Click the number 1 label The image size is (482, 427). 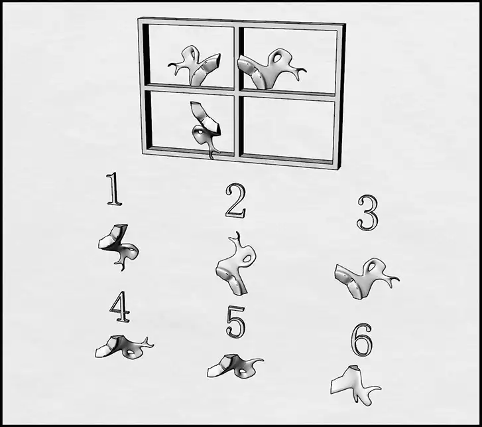114,189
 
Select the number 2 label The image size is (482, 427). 236,201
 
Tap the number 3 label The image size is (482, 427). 368,213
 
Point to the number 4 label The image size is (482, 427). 120,307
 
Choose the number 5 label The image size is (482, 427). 236,323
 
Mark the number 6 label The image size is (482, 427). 362,340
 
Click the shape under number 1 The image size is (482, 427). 118,246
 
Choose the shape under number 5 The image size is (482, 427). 233,367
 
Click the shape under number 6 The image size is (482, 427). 353,384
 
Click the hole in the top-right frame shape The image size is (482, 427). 278,57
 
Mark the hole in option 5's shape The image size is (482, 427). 243,372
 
